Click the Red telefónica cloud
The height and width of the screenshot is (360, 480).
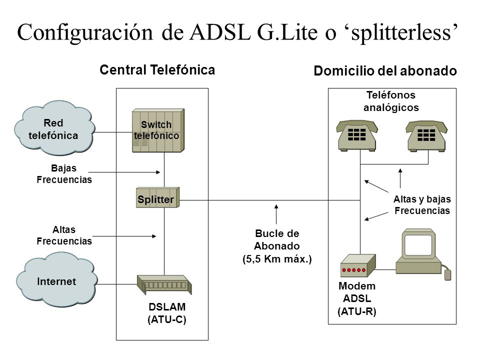coord(54,128)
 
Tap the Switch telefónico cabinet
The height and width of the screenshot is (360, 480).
coord(158,130)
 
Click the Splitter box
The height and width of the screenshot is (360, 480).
coord(157,197)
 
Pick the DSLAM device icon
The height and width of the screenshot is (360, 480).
coord(164,284)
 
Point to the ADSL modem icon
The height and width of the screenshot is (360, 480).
coord(358,265)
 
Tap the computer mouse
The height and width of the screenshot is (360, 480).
coord(447,274)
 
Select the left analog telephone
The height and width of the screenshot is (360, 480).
coord(357,135)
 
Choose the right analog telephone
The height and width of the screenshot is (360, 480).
coord(426,135)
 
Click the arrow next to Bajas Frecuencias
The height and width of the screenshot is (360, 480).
coord(124,172)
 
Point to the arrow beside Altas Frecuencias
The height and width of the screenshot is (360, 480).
coord(124,236)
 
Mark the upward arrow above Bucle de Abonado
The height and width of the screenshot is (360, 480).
coord(276,214)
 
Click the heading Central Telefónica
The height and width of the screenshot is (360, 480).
coord(157,70)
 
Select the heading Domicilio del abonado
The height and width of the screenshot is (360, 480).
coord(385,70)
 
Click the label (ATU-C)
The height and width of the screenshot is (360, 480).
coord(167,319)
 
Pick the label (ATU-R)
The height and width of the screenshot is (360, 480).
coord(357,311)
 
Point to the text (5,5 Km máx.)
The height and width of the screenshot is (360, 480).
coord(277,259)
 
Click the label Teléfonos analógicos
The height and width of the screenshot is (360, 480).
coord(391,101)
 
